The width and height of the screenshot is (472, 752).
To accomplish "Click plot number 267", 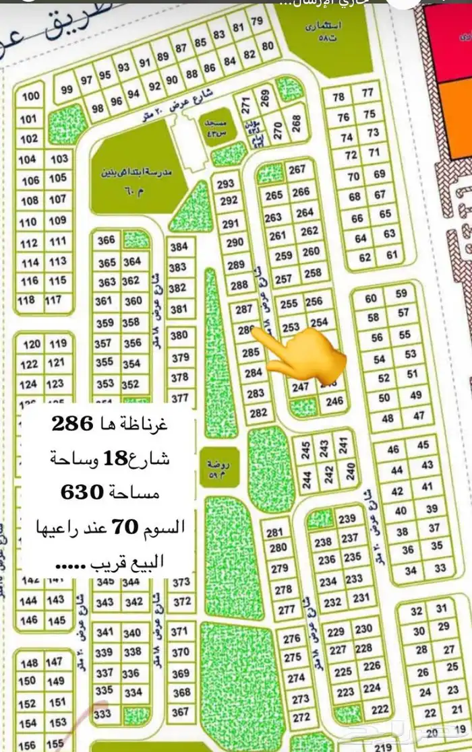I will pos(297,170).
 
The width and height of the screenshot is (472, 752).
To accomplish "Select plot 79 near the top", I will pos(257,22).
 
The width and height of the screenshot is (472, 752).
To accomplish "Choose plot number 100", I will pos(30,97).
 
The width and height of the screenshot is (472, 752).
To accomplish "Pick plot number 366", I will pos(107,240).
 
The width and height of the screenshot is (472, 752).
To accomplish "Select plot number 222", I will pos(380,709).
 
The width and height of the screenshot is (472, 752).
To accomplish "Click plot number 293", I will pos(226,184).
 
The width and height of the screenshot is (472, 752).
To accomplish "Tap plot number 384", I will pos(179,247).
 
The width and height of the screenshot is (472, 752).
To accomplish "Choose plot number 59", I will pos(402,294).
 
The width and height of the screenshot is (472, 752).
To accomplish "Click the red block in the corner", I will pos(448,40).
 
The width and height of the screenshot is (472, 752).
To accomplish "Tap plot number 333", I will pos(103,714).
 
